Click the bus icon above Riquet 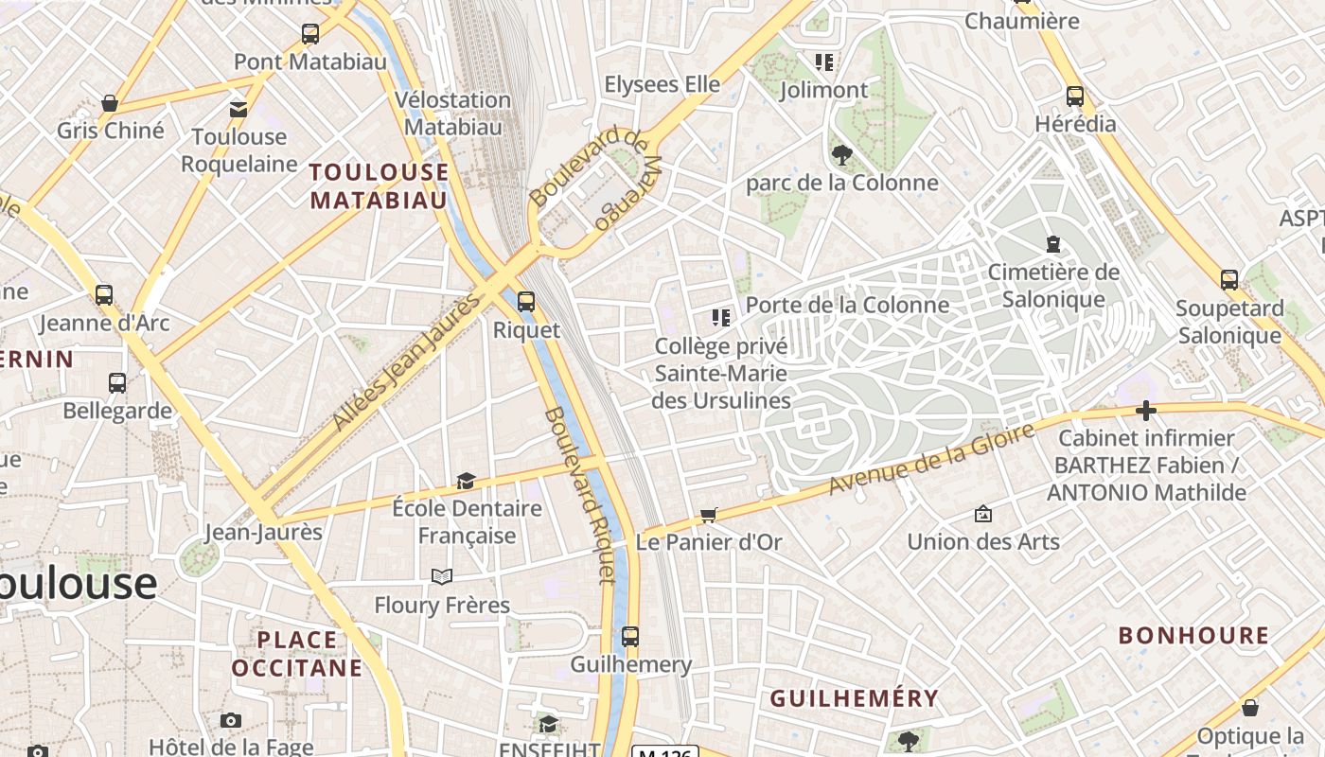[x=526, y=302]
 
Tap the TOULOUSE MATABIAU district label [x=379, y=185]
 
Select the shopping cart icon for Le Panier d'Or [x=708, y=515]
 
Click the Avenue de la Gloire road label [x=931, y=459]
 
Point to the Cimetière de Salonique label [x=1053, y=286]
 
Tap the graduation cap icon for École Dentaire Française [x=466, y=481]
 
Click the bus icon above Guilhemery [x=630, y=637]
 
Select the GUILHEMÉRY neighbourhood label [x=854, y=698]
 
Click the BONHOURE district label [x=1193, y=636]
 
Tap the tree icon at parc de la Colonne [x=841, y=154]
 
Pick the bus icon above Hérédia [x=1075, y=97]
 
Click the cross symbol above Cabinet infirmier [x=1146, y=411]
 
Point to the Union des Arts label [x=983, y=541]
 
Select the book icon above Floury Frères [x=442, y=576]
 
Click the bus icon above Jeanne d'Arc [x=104, y=294]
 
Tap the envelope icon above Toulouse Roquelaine [x=238, y=109]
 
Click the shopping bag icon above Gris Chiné [x=110, y=103]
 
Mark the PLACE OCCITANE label [x=297, y=654]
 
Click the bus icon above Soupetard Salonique [x=1228, y=279]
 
